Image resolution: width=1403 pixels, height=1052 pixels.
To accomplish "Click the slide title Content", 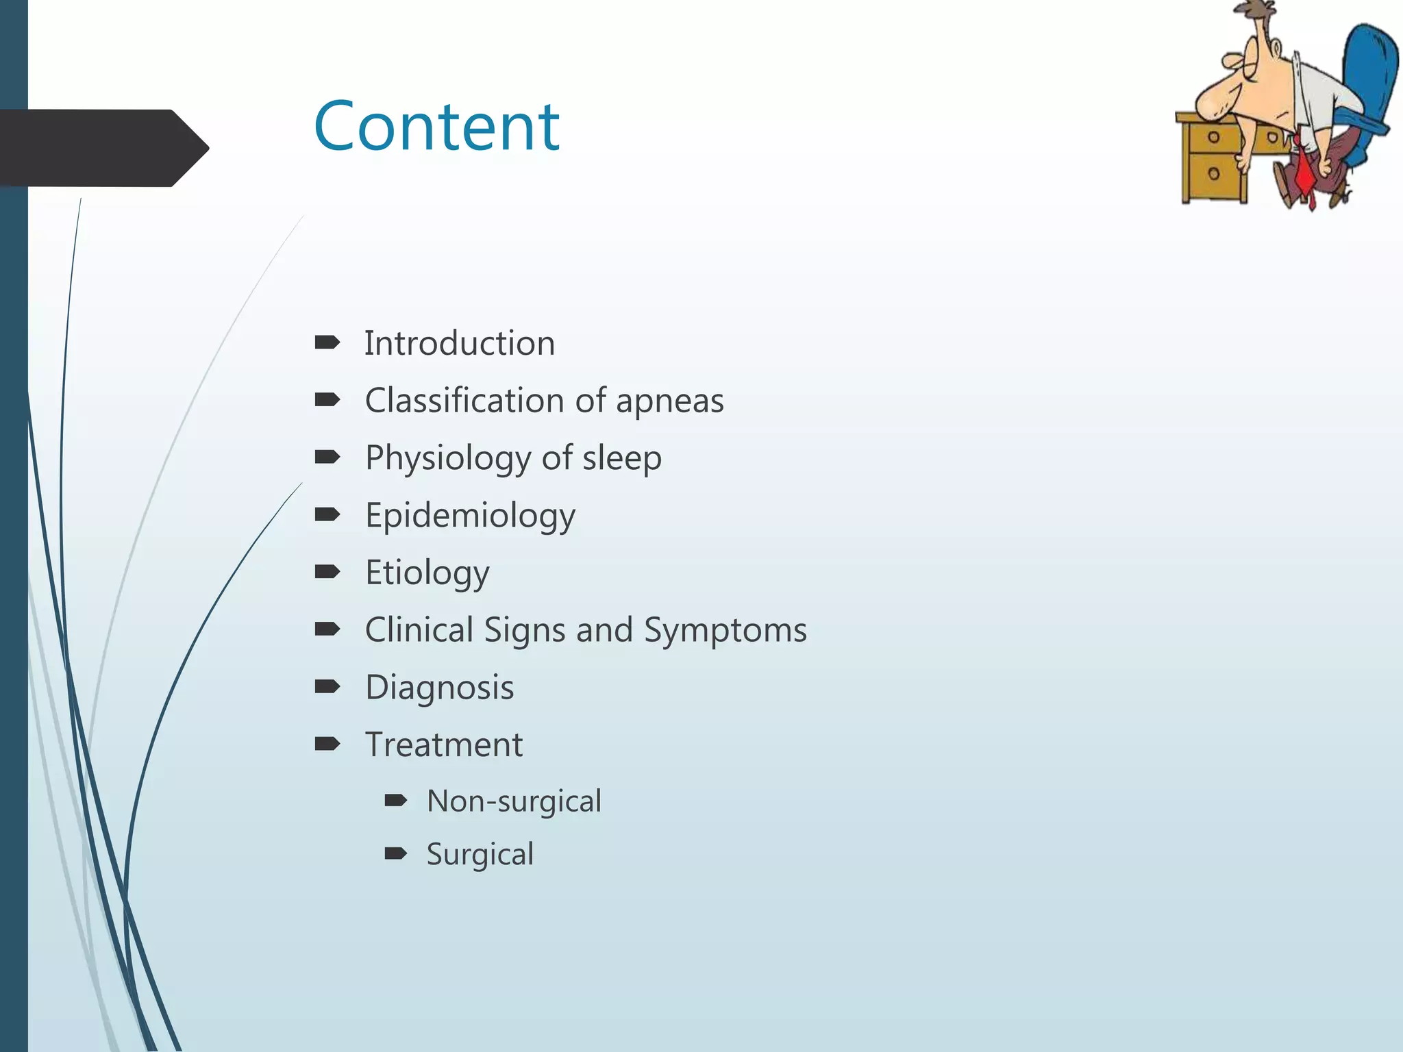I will [436, 127].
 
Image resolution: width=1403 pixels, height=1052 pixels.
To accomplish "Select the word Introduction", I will [459, 343].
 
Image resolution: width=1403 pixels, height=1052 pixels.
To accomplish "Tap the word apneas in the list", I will [669, 401].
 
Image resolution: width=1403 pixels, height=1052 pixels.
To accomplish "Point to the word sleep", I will [621, 458].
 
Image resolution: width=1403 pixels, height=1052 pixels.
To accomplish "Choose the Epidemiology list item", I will [470, 516].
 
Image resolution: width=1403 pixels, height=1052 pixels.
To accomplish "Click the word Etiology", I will [427, 573].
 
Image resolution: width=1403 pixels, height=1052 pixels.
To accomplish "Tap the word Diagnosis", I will [439, 688].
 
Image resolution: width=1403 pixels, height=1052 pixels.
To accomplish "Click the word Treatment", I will [443, 745].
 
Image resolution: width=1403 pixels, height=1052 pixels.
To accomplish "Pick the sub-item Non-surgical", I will [514, 801].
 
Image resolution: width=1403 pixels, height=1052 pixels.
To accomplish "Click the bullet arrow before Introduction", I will [327, 342].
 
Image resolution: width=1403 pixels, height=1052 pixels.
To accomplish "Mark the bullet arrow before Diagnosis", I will [327, 686].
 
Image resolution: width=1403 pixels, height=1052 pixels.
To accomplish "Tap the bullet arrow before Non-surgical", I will [396, 800].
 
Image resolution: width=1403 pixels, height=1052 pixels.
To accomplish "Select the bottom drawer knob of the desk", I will [1213, 173].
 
